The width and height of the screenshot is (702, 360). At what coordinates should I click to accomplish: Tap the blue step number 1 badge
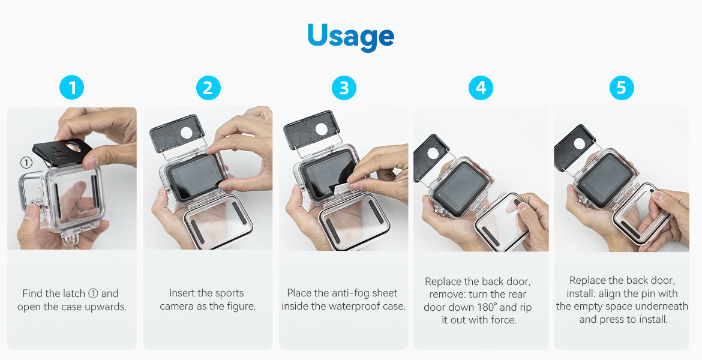(71, 88)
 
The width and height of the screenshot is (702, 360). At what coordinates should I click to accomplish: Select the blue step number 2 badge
(208, 88)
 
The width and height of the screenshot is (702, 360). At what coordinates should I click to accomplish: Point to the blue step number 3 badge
(344, 88)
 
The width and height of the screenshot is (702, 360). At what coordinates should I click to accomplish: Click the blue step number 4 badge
(481, 88)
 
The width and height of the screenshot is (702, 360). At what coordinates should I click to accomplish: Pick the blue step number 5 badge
(622, 88)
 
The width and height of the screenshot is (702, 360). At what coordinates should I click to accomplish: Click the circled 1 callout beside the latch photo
(26, 162)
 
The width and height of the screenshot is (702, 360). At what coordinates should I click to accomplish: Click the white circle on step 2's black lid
(186, 133)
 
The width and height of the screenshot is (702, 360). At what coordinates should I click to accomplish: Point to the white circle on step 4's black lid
(433, 153)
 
